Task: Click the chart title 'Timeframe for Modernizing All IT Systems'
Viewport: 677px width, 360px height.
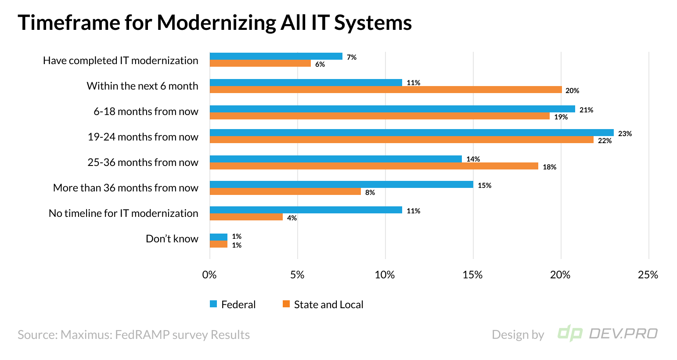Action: pyautogui.click(x=215, y=23)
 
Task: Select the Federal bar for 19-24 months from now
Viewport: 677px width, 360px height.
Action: pyautogui.click(x=411, y=133)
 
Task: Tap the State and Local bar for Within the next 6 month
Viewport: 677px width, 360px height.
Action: pyautogui.click(x=385, y=90)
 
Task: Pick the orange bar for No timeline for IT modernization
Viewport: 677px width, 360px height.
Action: pyautogui.click(x=246, y=217)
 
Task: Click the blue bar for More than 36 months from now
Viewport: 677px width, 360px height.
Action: pyautogui.click(x=341, y=184)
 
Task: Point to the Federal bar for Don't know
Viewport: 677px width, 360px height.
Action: pyautogui.click(x=218, y=237)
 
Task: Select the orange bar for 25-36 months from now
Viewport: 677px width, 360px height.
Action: pyautogui.click(x=374, y=166)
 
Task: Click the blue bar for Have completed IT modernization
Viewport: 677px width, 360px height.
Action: pyautogui.click(x=276, y=56)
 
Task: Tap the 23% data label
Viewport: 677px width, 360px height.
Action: pyautogui.click(x=625, y=133)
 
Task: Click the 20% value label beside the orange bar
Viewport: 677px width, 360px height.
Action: pyautogui.click(x=572, y=90)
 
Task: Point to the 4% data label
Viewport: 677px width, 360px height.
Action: pyautogui.click(x=292, y=218)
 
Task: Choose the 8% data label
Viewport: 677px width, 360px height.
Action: pyautogui.click(x=370, y=192)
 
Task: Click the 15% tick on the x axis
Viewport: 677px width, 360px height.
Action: pyautogui.click(x=472, y=275)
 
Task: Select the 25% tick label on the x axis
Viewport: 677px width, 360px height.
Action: pyautogui.click(x=648, y=275)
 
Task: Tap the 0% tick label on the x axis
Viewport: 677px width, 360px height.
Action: pyautogui.click(x=209, y=275)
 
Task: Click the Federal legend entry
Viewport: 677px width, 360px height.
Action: pyautogui.click(x=233, y=304)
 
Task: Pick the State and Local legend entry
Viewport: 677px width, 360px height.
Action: pyautogui.click(x=323, y=304)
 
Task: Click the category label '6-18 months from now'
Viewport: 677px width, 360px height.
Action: pyautogui.click(x=146, y=112)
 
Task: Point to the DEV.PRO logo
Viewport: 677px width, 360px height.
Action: pyautogui.click(x=607, y=334)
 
